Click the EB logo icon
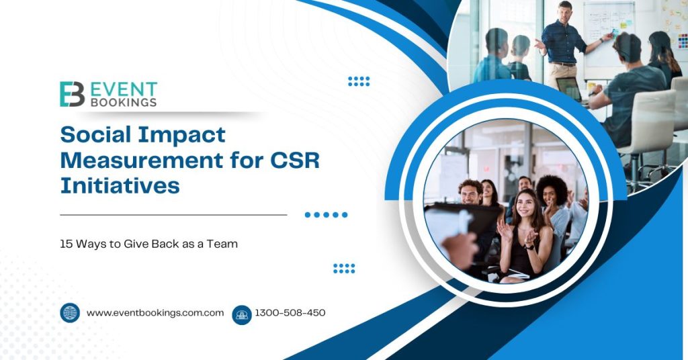(72, 94)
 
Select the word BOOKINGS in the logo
(125, 103)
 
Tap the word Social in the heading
(93, 134)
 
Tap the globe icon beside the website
(70, 313)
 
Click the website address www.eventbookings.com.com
(155, 313)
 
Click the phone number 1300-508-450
(290, 313)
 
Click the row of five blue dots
(326, 215)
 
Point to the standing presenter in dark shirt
(563, 47)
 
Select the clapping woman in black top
(523, 235)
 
